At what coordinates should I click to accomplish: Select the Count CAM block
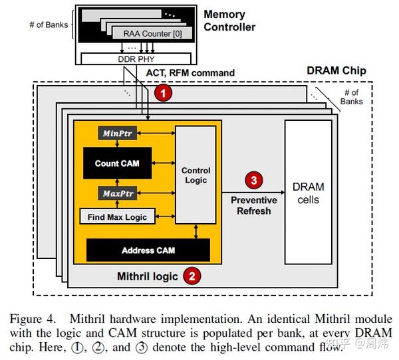pos(116,163)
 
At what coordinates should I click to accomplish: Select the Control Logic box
pos(196,175)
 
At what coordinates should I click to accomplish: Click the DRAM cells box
pos(308,193)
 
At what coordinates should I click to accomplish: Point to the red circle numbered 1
pos(162,94)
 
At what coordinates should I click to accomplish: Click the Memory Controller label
pos(229,21)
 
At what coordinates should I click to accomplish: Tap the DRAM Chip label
pos(336,70)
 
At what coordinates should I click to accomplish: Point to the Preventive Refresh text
pos(253,205)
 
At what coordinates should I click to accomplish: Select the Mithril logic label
pos(148,276)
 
